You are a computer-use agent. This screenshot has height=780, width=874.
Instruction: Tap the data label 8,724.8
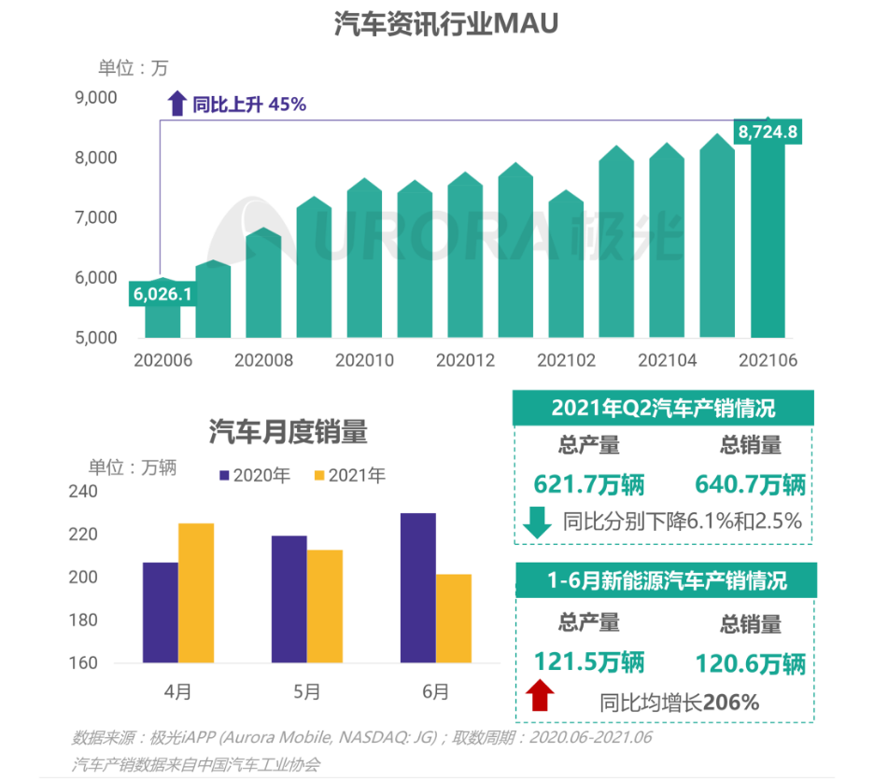pyautogui.click(x=768, y=132)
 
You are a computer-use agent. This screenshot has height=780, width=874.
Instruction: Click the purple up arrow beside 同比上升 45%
pyautogui.click(x=176, y=104)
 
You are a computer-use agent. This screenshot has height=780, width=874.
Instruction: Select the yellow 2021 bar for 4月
pyautogui.click(x=196, y=593)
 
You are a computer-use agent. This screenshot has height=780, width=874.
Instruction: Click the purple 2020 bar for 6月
pyautogui.click(x=418, y=588)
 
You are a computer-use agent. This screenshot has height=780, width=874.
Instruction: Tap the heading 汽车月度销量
pyautogui.click(x=288, y=432)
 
